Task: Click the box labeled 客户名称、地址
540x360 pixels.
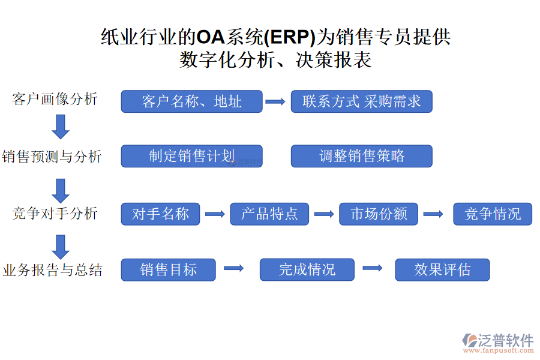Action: pos(191,101)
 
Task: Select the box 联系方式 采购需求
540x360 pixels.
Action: pos(361,101)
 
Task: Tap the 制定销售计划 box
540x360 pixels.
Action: pos(191,156)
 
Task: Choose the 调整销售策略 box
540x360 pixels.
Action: pos(361,156)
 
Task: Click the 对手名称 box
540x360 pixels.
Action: pos(160,214)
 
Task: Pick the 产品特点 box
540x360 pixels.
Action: pos(269,214)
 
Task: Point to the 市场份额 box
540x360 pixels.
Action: pos(379,214)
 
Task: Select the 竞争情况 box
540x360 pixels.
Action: pos(492,214)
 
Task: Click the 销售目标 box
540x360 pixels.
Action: pos(168,269)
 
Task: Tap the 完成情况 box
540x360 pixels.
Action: pos(307,269)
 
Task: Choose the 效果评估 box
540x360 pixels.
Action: pos(442,269)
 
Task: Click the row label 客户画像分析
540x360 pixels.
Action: pos(55,99)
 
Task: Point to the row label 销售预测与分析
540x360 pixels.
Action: pos(52,157)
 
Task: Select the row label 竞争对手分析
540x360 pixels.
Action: pos(55,213)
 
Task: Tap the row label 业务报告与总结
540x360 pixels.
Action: pos(52,270)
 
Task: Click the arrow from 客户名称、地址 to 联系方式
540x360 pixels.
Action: pos(275,102)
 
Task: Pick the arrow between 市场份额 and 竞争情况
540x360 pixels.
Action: pos(433,214)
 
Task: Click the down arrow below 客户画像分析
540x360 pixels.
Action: pos(61,127)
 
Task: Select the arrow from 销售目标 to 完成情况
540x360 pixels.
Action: pos(233,269)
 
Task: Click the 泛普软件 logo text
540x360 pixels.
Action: pos(505,340)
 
